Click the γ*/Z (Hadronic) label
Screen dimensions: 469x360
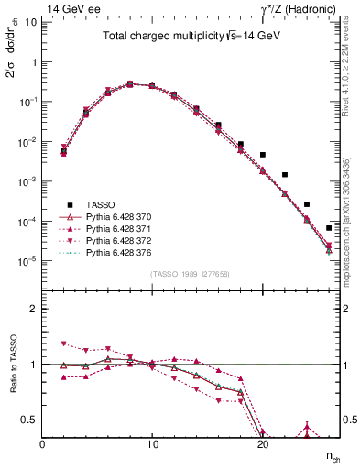coord(300,8)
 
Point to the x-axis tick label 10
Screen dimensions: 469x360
coord(152,443)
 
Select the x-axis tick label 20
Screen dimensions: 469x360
coord(262,443)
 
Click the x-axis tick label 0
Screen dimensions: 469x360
coord(43,443)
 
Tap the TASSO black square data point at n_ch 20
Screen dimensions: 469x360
coord(262,155)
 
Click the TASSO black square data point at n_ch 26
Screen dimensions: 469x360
coord(328,228)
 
